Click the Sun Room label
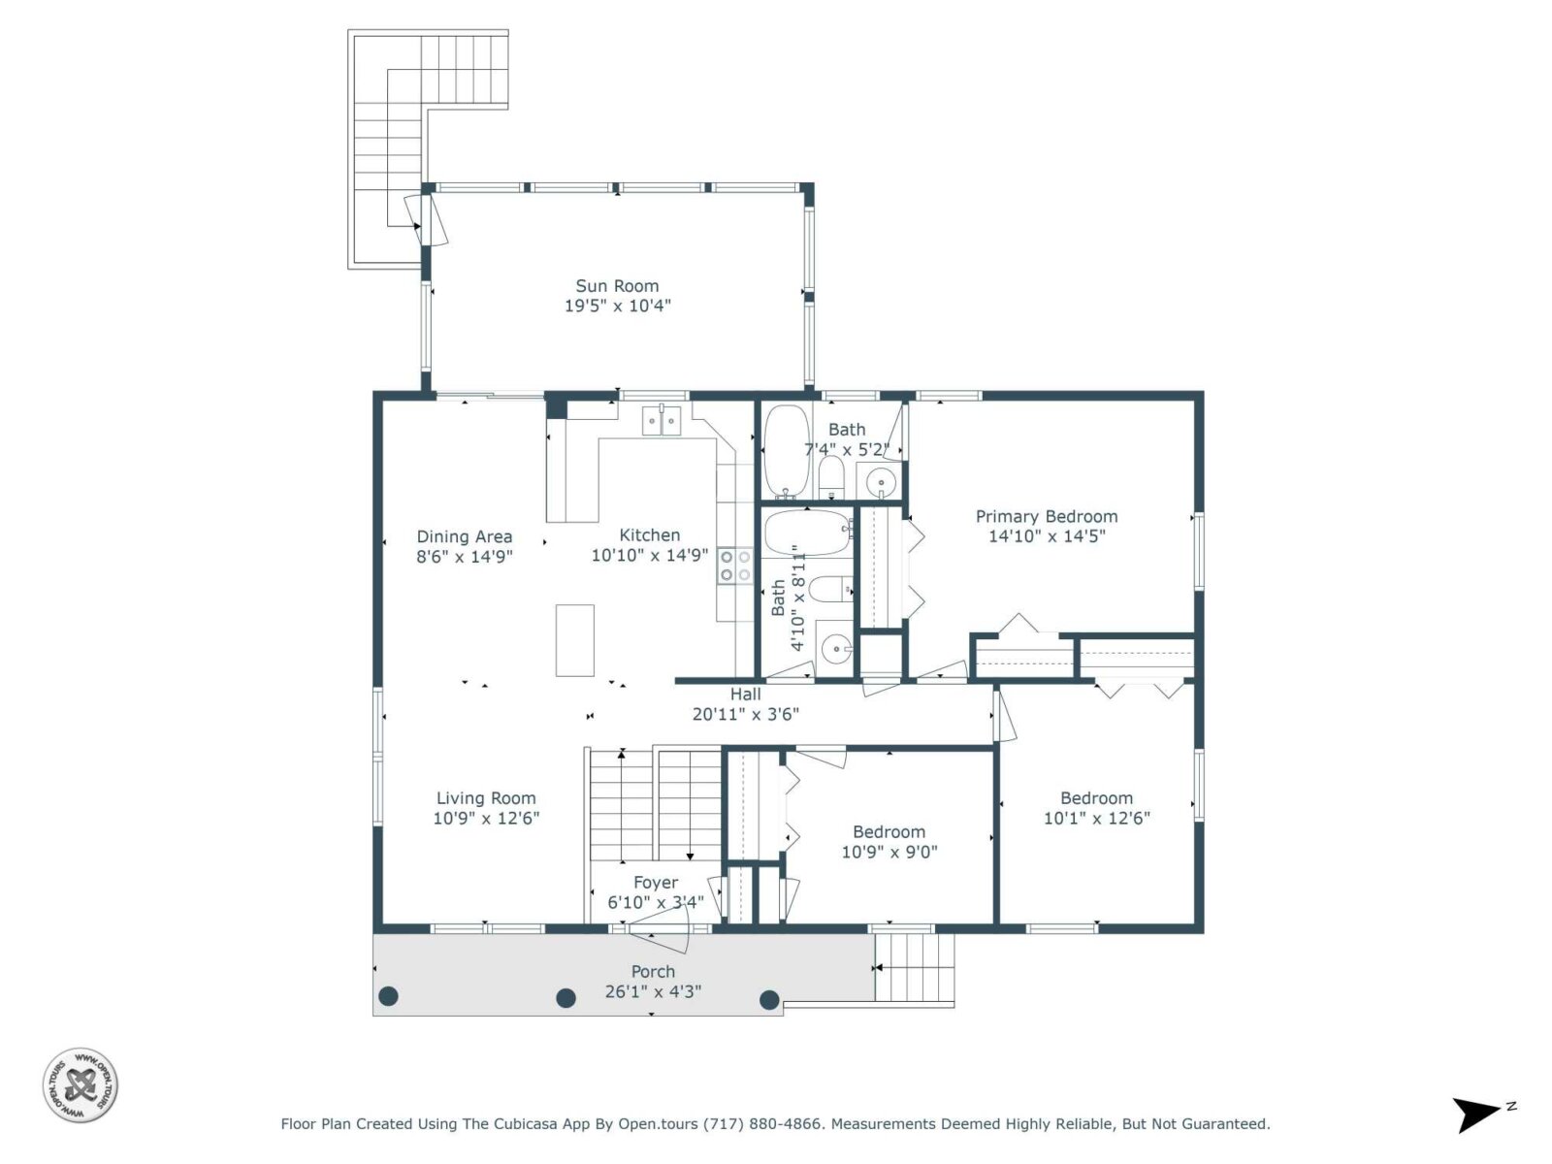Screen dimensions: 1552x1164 click(617, 286)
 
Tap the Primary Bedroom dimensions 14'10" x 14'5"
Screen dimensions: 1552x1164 click(1047, 536)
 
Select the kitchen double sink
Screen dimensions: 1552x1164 click(662, 421)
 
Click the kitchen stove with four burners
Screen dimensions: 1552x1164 click(734, 566)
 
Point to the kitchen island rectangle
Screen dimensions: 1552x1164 click(575, 640)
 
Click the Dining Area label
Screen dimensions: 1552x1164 click(464, 537)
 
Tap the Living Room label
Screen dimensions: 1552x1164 click(486, 798)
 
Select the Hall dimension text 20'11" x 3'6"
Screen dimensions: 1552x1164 click(745, 715)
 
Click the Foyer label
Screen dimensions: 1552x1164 click(656, 883)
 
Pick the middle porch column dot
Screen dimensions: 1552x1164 click(566, 998)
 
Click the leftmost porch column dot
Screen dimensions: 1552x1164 click(388, 996)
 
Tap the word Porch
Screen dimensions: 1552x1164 click(653, 972)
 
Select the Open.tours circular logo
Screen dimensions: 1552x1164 click(80, 1084)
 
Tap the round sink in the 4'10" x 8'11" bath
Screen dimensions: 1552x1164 click(836, 648)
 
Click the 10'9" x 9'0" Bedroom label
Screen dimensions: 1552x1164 click(889, 832)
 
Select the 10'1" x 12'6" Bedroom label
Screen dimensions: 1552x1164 click(1097, 798)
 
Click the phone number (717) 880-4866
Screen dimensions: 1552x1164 click(763, 1123)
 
